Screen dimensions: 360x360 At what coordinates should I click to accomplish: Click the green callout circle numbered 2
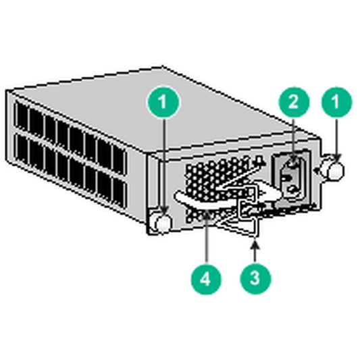point(292,103)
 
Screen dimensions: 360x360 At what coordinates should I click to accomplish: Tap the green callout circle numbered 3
point(254,277)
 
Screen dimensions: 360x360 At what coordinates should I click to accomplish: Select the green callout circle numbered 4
point(204,277)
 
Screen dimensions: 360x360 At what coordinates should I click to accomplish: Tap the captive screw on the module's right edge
point(334,168)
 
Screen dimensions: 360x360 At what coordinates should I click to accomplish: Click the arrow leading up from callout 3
point(254,250)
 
